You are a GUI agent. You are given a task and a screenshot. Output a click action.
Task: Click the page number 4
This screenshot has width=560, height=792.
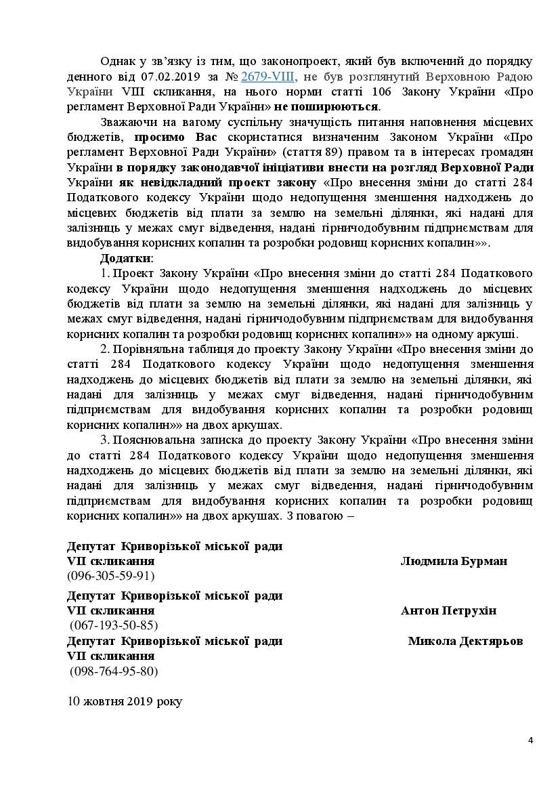531,740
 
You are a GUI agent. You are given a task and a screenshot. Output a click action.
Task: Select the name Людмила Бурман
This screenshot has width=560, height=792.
454,562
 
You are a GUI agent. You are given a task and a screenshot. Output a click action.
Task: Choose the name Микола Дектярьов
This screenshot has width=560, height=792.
465,641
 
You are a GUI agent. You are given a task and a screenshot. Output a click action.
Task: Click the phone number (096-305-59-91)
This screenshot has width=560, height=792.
111,577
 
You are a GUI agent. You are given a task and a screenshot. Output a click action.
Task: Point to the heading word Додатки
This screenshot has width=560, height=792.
127,259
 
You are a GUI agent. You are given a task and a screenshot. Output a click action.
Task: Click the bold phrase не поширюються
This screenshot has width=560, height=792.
337,106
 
